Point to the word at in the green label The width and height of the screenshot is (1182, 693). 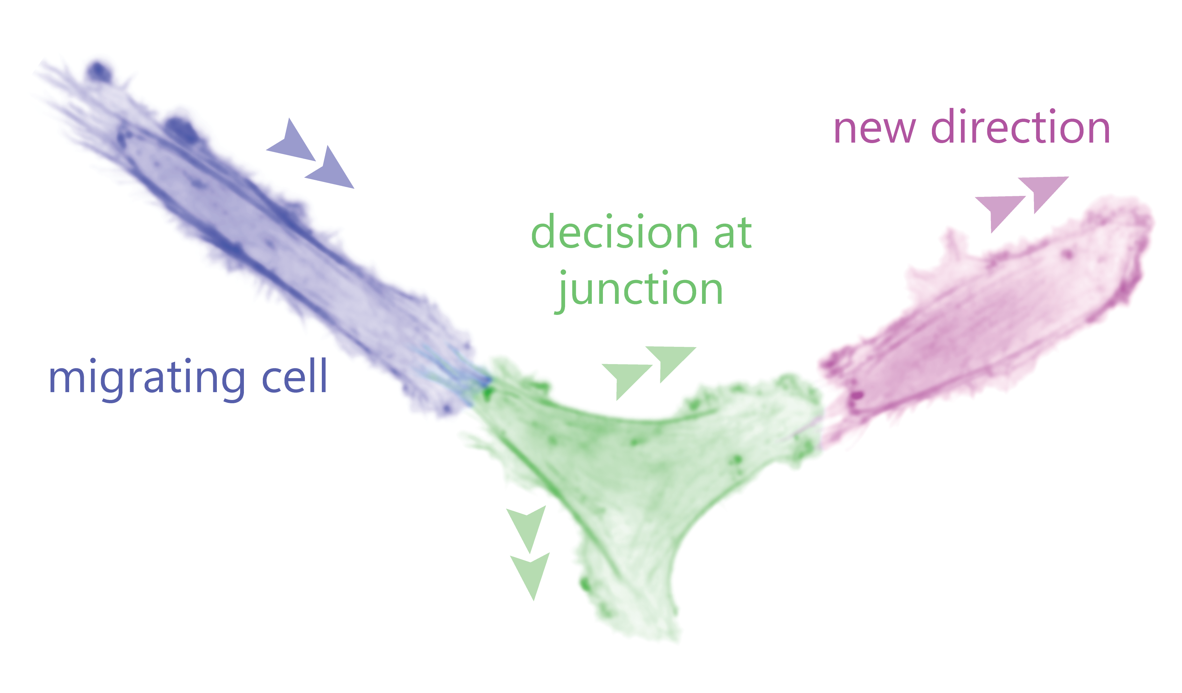pyautogui.click(x=733, y=233)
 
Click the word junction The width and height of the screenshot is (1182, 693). pyautogui.click(x=639, y=291)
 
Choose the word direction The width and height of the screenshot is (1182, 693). pyautogui.click(x=1021, y=125)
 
